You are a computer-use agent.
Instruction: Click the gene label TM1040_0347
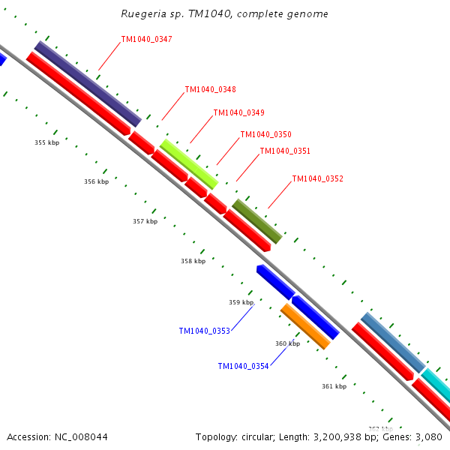[146, 39]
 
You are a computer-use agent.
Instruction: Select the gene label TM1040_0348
[210, 89]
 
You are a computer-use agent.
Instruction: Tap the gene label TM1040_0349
[238, 112]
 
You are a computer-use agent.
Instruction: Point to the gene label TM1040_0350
[265, 135]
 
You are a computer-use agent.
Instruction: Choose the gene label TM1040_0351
[285, 151]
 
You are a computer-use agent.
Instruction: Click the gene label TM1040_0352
[317, 178]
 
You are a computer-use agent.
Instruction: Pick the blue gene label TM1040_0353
[204, 331]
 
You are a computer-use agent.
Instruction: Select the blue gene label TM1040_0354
[243, 366]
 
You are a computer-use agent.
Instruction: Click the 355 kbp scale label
[46, 142]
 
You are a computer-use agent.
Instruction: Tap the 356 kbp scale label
[96, 181]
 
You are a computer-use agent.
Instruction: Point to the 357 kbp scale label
[145, 221]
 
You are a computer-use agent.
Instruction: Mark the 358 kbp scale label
[193, 261]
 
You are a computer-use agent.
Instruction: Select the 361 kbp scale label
[334, 386]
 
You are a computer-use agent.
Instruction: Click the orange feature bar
[305, 326]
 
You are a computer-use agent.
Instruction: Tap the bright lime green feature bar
[189, 163]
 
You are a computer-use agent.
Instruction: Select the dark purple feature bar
[88, 83]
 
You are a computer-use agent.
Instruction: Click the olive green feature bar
[257, 221]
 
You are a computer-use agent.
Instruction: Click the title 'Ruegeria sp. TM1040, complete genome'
[224, 14]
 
